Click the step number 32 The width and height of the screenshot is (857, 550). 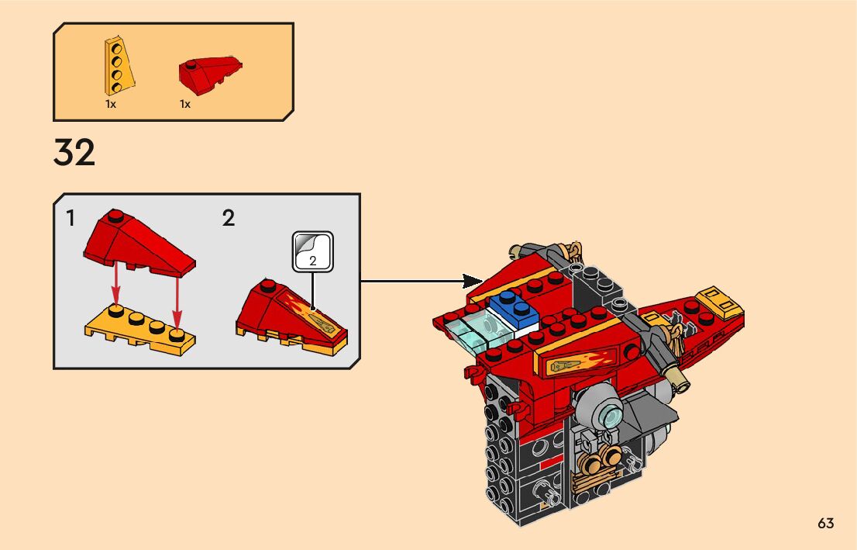pos(74,153)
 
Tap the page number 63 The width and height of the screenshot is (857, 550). pos(825,524)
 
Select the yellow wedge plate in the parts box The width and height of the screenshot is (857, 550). pos(118,64)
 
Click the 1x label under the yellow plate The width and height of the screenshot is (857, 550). pos(111,104)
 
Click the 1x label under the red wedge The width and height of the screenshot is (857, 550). pos(185,104)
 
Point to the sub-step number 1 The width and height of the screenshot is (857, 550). pos(71,219)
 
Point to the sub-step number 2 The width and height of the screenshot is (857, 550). pos(228,219)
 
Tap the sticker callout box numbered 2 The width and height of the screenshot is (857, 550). pos(312,252)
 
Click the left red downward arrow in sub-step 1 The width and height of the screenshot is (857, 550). pos(115,287)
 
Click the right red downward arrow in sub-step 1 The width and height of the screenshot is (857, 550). pos(177,299)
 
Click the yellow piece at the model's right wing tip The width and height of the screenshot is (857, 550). pos(720,304)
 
